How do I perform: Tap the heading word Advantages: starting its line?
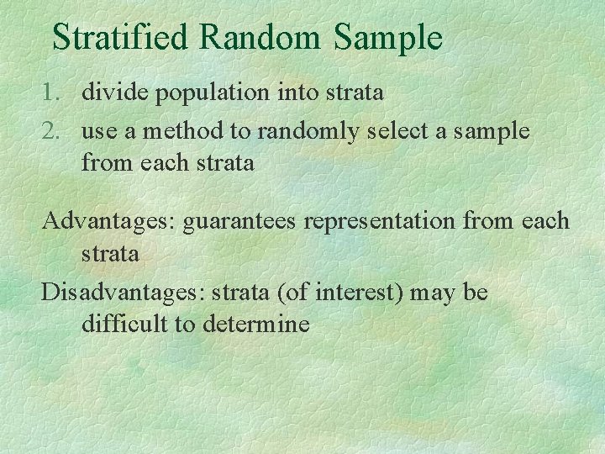(x=109, y=222)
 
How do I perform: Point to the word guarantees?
(x=240, y=222)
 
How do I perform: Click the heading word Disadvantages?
(x=124, y=293)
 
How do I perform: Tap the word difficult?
(x=124, y=325)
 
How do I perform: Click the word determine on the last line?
(x=256, y=325)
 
